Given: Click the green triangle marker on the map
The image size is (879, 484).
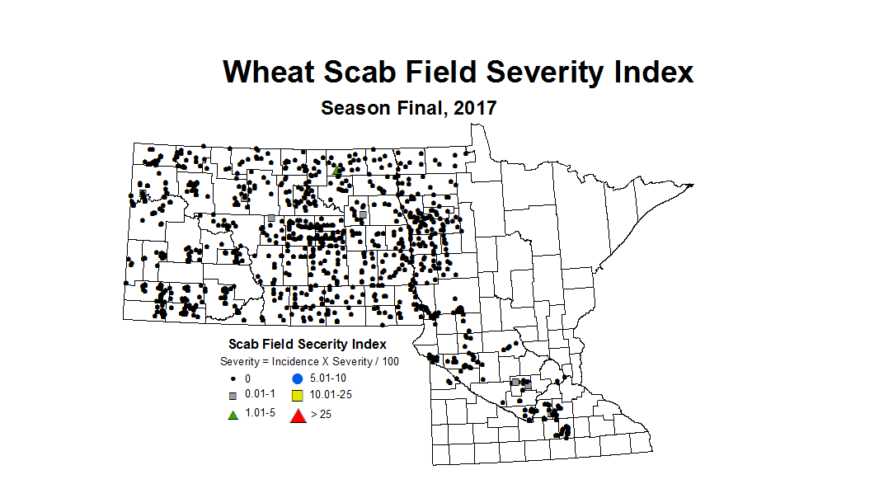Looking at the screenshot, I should (x=337, y=172).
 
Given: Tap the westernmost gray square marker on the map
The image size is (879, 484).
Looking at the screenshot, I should (x=143, y=195).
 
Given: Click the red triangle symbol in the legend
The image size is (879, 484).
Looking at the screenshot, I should (x=298, y=416).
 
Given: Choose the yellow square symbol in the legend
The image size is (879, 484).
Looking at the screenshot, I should (x=298, y=396).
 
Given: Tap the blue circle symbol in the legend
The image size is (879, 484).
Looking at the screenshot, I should (x=298, y=378).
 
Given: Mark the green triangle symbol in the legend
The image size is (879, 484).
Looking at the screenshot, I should (x=233, y=414).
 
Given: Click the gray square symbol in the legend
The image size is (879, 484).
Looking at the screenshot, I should (x=233, y=396).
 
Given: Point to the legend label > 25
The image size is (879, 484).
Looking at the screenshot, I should (x=320, y=414).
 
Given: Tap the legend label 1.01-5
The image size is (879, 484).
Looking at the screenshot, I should (x=260, y=413).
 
